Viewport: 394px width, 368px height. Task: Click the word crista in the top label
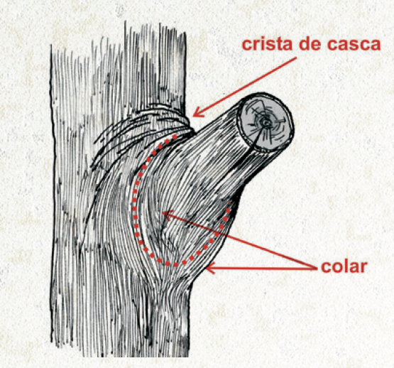[x=268, y=44]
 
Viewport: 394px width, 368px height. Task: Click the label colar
[x=344, y=266]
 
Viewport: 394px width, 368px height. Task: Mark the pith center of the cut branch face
[x=265, y=122]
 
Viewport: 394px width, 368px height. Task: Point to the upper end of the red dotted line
[x=175, y=136]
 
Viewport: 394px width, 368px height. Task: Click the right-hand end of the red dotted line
[x=229, y=205]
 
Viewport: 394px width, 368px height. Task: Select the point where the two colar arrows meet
[x=316, y=269]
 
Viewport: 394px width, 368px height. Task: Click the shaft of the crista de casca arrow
[x=245, y=87]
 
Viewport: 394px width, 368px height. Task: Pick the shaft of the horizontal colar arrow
[x=261, y=268]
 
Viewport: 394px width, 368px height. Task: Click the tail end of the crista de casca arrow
[x=297, y=58]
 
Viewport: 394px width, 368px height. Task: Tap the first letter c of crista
[x=247, y=45]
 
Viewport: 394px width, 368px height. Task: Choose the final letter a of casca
[x=376, y=45]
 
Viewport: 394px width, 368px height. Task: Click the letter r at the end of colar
[x=363, y=268]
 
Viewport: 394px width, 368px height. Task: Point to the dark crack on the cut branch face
[x=257, y=136]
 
